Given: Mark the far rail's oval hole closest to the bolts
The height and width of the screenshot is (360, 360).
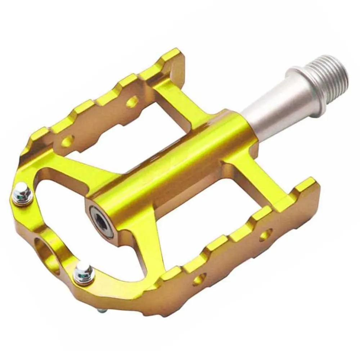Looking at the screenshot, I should point(67,141).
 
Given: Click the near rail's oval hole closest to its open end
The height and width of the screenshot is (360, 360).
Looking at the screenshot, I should point(266,235).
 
